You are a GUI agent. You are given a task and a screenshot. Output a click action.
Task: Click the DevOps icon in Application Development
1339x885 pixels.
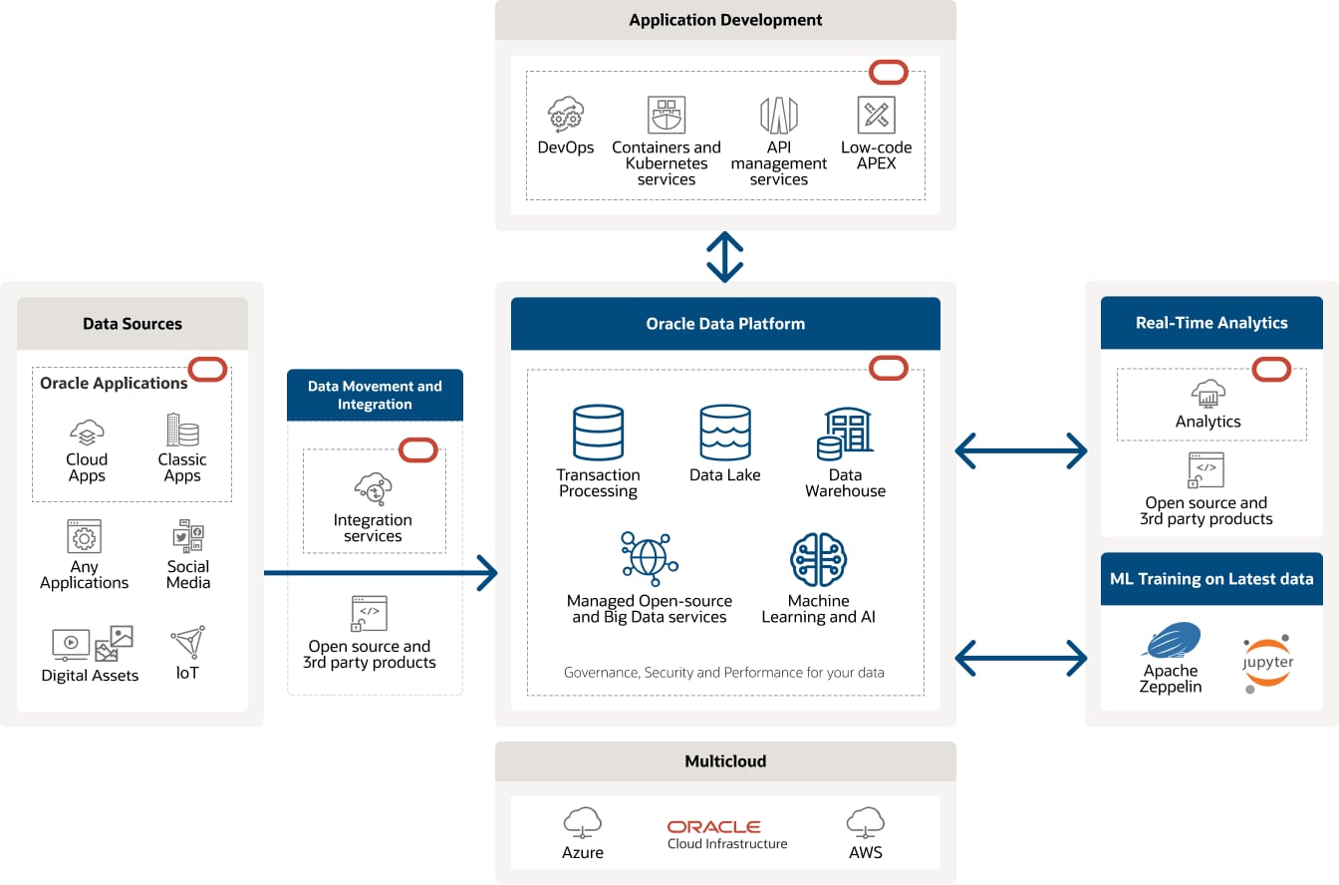point(566,116)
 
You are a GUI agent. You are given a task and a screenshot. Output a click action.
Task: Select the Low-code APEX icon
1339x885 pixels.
point(876,116)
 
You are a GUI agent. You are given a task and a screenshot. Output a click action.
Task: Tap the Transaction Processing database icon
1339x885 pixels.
point(598,433)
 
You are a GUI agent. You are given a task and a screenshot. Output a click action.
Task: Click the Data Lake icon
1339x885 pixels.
point(724,433)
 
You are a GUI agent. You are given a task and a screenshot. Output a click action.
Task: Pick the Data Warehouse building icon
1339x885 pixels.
point(846,434)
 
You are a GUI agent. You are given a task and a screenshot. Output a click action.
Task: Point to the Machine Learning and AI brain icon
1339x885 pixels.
point(818,559)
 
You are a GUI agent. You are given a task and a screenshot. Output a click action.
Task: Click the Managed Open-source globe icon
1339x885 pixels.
point(649,557)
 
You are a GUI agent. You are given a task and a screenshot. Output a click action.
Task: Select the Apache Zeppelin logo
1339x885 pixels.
point(1172,642)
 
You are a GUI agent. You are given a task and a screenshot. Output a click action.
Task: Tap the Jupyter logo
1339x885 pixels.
point(1267,663)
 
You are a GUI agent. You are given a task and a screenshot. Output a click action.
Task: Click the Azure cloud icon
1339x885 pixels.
point(583,823)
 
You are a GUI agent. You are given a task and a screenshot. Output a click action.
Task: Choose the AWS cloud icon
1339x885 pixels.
point(866,823)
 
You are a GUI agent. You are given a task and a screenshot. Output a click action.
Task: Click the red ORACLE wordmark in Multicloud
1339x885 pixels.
point(713,827)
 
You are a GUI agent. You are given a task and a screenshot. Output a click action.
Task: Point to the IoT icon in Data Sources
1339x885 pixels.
point(187,643)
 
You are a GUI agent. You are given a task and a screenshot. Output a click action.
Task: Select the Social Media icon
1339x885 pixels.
point(187,536)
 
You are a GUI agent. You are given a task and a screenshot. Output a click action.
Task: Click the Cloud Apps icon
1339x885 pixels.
point(87,434)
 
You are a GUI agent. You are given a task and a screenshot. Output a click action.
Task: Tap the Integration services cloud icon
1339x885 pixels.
point(373,489)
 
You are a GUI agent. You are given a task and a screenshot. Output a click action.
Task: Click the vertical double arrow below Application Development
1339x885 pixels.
point(724,257)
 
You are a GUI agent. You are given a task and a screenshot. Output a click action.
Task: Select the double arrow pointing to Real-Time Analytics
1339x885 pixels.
point(1020,451)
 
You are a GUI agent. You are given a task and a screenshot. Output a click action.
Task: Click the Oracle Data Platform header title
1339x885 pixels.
point(725,324)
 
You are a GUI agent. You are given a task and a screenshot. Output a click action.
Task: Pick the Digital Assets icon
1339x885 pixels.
point(92,644)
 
